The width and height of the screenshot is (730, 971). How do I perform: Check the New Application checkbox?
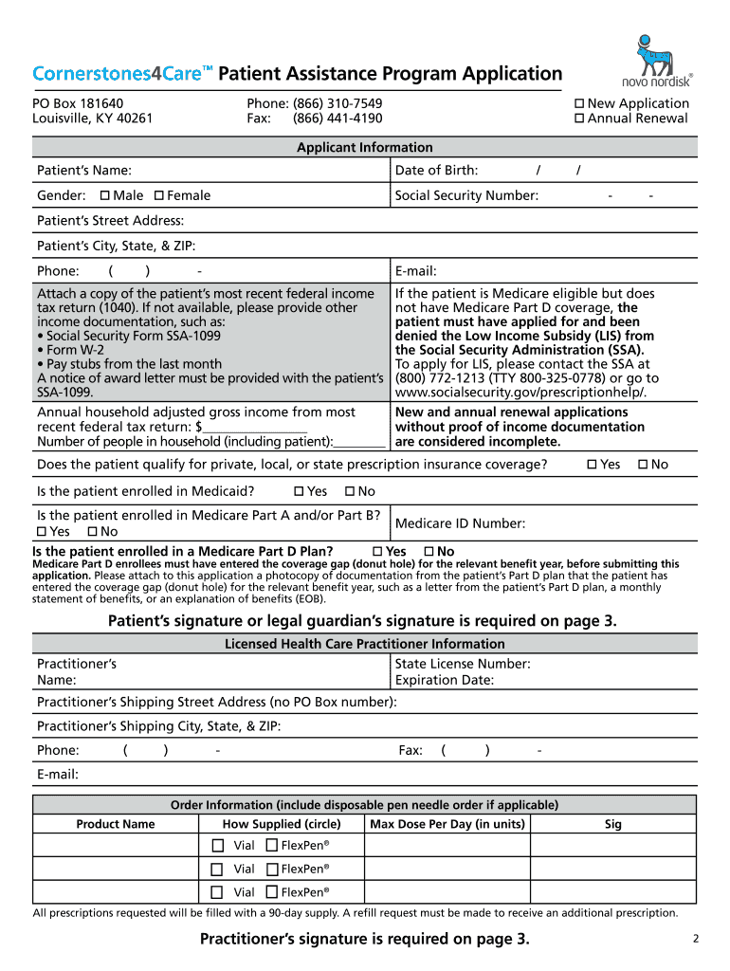click(579, 103)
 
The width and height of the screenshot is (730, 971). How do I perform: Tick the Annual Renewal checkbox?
click(579, 119)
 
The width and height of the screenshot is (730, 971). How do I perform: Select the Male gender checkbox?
click(104, 195)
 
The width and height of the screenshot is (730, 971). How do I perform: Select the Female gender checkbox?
click(158, 195)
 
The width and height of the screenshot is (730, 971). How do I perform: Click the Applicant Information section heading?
click(364, 147)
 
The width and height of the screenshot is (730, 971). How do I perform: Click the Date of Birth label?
click(436, 171)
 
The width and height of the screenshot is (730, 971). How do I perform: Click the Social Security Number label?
click(466, 195)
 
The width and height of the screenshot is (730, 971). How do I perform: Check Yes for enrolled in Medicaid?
click(300, 491)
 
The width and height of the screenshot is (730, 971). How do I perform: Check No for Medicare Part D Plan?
click(429, 552)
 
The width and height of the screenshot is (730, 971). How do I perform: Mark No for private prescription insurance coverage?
click(643, 465)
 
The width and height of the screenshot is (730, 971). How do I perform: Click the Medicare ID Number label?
click(460, 523)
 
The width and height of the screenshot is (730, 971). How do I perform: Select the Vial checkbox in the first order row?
click(217, 845)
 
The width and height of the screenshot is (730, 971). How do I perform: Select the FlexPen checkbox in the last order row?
click(272, 892)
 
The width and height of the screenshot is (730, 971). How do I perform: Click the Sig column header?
click(612, 824)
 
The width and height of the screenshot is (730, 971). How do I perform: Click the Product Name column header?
click(116, 824)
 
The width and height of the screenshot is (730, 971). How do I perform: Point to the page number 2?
click(695, 940)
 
